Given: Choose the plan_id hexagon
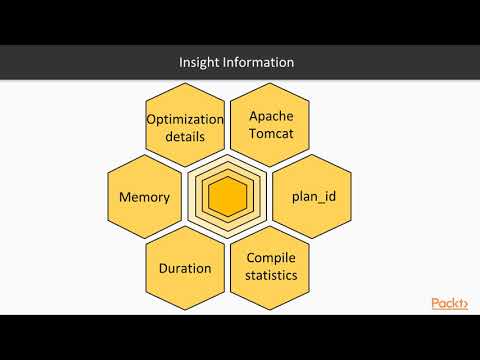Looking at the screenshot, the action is (312, 196).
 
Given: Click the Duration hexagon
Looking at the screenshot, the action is (185, 268).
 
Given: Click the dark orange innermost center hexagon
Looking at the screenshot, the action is (227, 197).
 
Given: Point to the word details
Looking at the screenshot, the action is (184, 136).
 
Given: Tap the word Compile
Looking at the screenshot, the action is (270, 258).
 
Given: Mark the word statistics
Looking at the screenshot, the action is (270, 276).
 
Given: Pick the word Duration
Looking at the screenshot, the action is (185, 268).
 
